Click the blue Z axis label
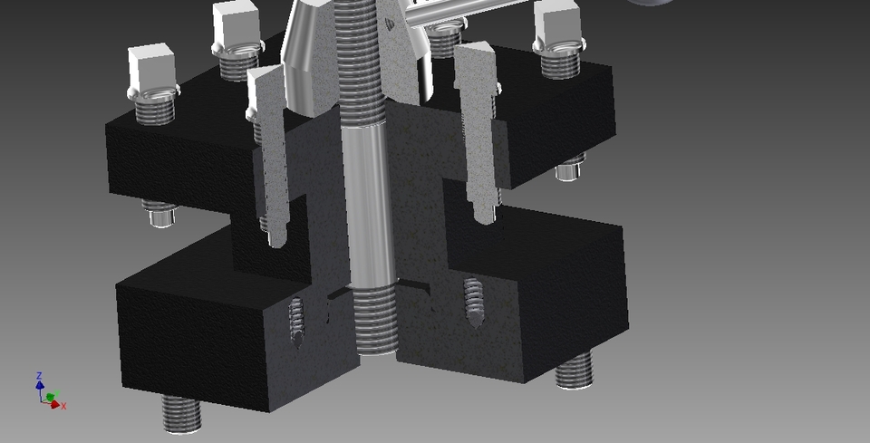pos(40,375)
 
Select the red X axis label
pos(64,406)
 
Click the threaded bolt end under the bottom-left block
pos(182,413)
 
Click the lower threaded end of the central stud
pos(372,322)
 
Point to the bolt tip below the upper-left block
pos(160,214)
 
